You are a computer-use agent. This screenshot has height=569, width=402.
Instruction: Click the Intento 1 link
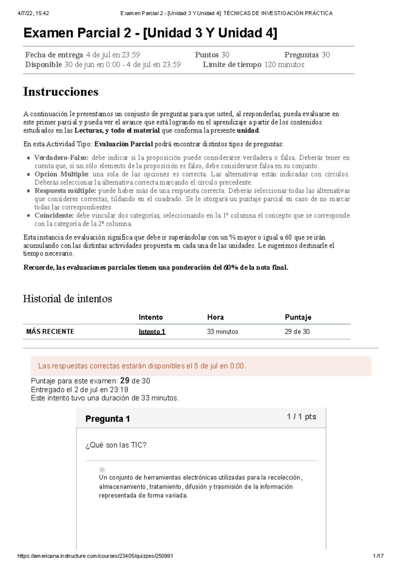coord(152,332)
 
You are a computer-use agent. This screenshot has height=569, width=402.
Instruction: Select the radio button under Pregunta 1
coord(102,470)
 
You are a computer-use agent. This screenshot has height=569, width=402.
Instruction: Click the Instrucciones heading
coord(61,92)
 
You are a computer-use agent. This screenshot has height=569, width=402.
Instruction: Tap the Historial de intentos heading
coord(67,298)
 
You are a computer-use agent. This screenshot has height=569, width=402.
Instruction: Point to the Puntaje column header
coord(298,317)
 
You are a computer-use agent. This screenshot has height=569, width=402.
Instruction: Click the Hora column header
coord(215,317)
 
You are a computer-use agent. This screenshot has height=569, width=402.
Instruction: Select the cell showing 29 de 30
coord(297,332)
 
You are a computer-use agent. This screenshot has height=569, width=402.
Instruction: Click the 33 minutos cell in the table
coord(222,332)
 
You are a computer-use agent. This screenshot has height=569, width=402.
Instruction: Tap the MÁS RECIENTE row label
coord(50,332)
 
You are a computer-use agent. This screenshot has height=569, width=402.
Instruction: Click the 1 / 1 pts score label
coord(301,417)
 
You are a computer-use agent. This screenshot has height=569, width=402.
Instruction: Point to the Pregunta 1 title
coord(108,419)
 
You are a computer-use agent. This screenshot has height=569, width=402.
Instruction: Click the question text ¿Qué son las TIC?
coord(116,445)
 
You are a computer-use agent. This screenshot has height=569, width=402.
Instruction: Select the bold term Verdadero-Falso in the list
coord(61,158)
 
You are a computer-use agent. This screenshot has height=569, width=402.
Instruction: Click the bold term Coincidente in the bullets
coord(54,216)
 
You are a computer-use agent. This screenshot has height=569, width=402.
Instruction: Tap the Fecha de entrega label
coord(54,55)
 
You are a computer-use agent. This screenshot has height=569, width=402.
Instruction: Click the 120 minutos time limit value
coord(284,65)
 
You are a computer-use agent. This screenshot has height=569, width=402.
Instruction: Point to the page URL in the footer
coord(95,556)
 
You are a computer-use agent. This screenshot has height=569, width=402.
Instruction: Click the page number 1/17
coord(379,556)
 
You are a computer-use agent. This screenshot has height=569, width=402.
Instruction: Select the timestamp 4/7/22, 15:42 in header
coord(33,13)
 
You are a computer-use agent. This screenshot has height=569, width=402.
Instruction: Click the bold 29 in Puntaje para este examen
coord(125,381)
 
